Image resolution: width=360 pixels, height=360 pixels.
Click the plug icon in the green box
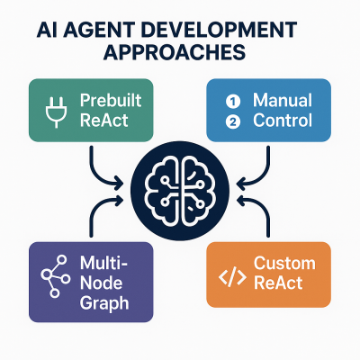57,110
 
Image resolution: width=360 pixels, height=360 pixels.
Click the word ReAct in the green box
103,121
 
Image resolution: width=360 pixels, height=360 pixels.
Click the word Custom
284,263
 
